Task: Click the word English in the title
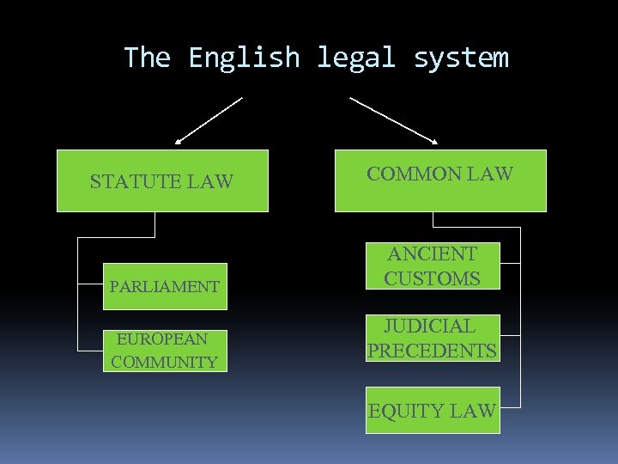point(244,58)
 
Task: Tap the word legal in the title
point(356,58)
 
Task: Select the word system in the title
point(461,58)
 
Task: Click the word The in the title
point(147,58)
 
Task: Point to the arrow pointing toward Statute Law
point(209,120)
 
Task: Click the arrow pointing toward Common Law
point(395,120)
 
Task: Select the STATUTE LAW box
point(162,180)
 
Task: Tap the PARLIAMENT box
point(164,286)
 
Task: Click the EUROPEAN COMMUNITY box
point(165,351)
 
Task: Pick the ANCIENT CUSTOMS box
point(432,266)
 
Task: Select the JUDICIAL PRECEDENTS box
point(432,338)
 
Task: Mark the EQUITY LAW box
point(432,411)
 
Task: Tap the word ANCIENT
point(432,253)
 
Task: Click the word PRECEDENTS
point(432,351)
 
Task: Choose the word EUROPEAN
point(162,339)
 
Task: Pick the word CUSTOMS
point(432,278)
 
